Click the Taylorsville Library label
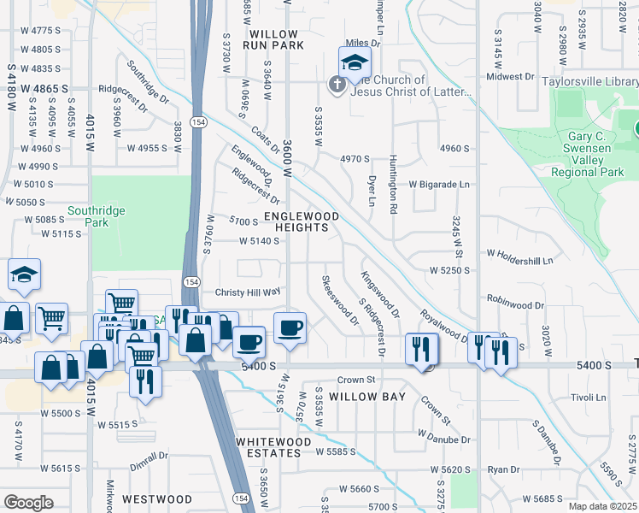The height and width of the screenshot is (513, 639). [x=589, y=82]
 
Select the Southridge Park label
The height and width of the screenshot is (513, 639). [x=97, y=216]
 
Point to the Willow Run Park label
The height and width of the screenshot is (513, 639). [x=273, y=39]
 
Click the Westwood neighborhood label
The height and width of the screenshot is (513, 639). [x=157, y=498]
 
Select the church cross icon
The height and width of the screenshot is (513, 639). [x=337, y=84]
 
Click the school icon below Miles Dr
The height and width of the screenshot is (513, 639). [x=355, y=62]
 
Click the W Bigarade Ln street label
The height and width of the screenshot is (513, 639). [x=438, y=184]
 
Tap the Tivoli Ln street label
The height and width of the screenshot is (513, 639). [x=588, y=398]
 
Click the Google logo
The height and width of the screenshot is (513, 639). [x=28, y=503]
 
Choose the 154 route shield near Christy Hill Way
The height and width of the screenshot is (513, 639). [x=193, y=282]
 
